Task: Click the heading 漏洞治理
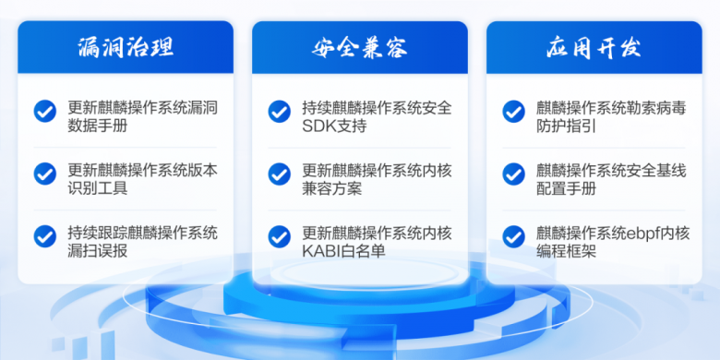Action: coord(126,47)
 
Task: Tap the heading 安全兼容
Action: coord(360,47)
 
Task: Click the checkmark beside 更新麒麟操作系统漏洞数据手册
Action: coord(44,111)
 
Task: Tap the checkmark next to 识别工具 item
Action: coord(44,174)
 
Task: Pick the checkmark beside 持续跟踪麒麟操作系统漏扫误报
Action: coord(44,236)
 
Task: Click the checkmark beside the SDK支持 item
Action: coord(279,111)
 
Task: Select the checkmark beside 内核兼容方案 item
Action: coord(279,174)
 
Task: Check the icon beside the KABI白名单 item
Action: coord(279,236)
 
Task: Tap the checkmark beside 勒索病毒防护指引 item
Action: coord(513,111)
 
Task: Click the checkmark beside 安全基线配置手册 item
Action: coord(513,174)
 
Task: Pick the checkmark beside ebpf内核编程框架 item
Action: coord(513,236)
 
